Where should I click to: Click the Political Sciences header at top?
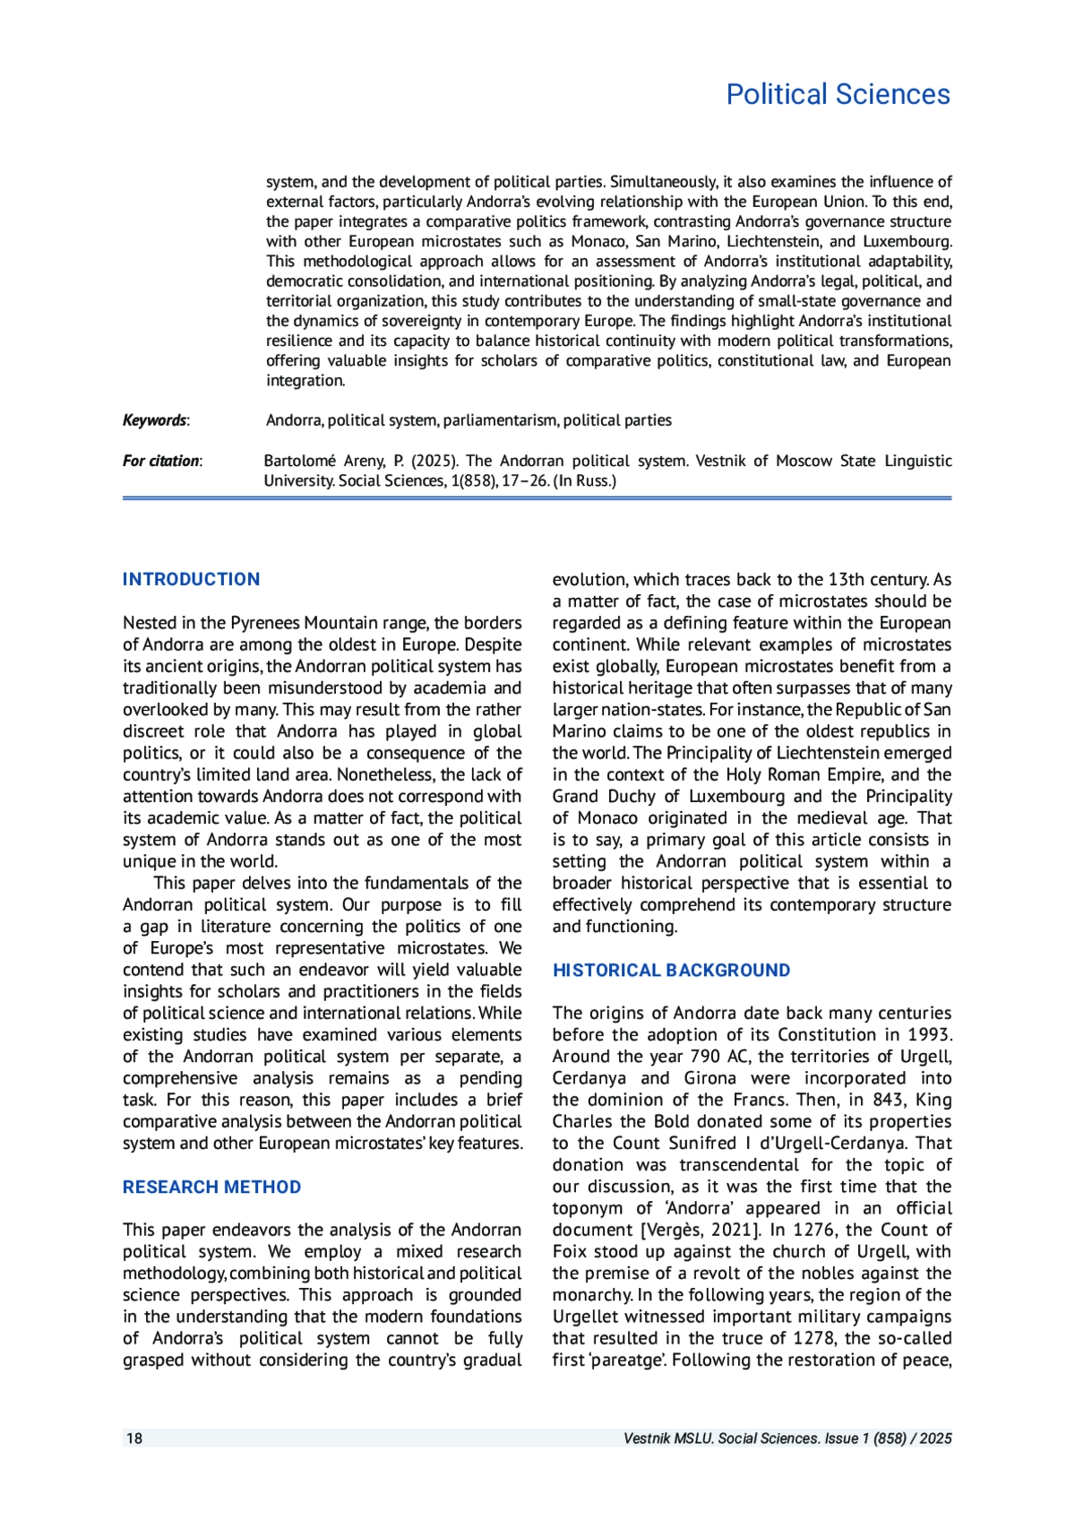838,94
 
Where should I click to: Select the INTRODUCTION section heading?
191,579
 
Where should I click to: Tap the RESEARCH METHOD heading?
211,1187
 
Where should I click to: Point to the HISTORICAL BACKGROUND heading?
671,970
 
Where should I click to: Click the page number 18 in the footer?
134,1439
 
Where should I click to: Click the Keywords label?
155,420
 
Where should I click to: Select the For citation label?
161,461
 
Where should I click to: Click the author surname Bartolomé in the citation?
299,461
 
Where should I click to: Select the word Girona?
709,1078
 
